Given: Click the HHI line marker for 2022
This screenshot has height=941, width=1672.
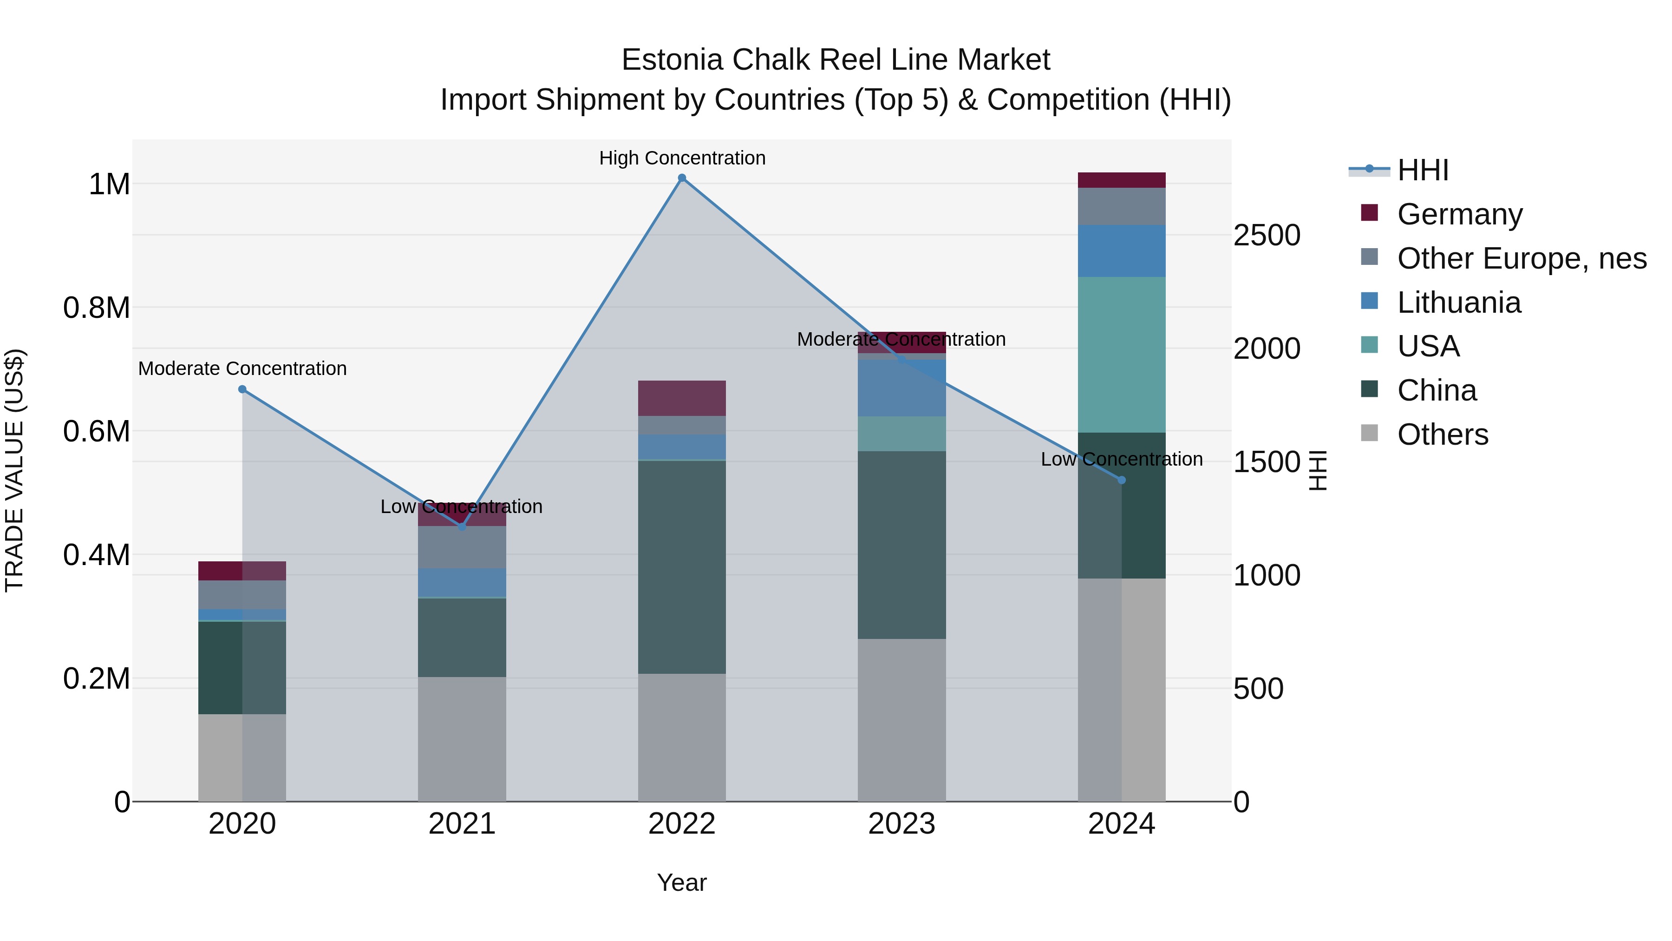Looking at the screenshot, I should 681,178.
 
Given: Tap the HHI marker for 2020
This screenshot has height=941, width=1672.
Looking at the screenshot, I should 242,389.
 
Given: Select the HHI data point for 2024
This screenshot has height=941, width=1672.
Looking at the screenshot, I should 1122,480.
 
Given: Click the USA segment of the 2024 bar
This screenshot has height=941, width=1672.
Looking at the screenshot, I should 1122,355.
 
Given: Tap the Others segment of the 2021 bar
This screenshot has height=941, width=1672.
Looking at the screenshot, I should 462,739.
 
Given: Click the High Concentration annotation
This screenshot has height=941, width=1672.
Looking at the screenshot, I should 681,158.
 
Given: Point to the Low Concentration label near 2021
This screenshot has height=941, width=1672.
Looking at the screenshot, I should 462,507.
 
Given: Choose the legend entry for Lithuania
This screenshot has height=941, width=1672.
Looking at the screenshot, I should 1458,303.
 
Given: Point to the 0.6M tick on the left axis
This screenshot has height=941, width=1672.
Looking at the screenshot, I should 96,431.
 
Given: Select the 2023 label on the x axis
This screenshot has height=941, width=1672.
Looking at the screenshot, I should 901,824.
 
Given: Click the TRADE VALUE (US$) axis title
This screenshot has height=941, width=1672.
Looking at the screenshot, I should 14,470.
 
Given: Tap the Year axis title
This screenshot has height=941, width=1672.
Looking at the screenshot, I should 681,882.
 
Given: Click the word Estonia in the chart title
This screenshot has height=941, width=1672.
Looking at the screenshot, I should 672,60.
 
